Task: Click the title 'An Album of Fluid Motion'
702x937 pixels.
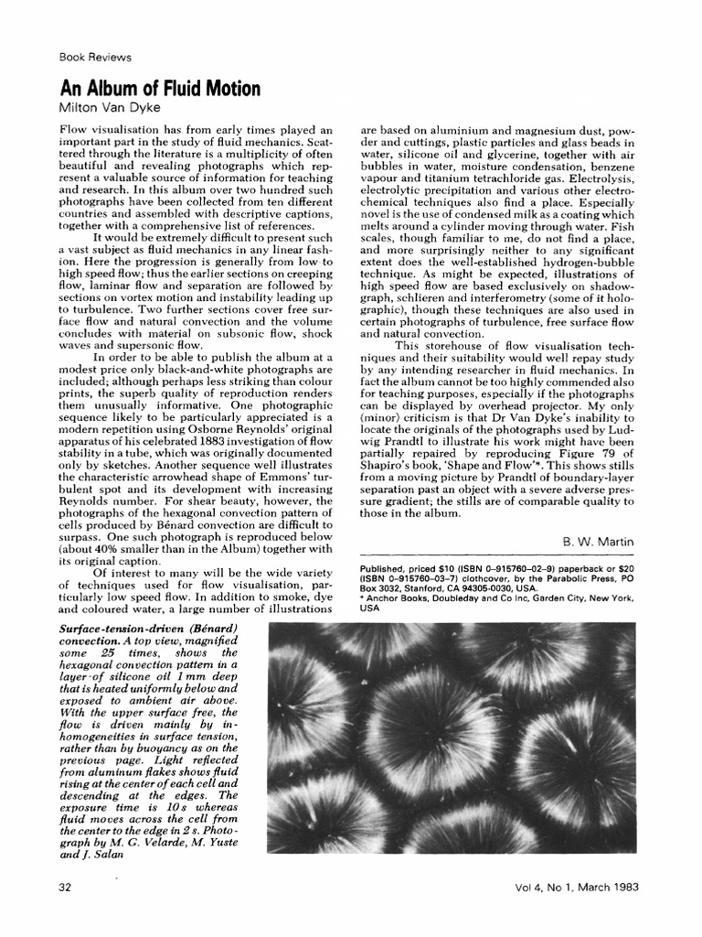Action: (160, 89)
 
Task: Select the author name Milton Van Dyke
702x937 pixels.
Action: (110, 107)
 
